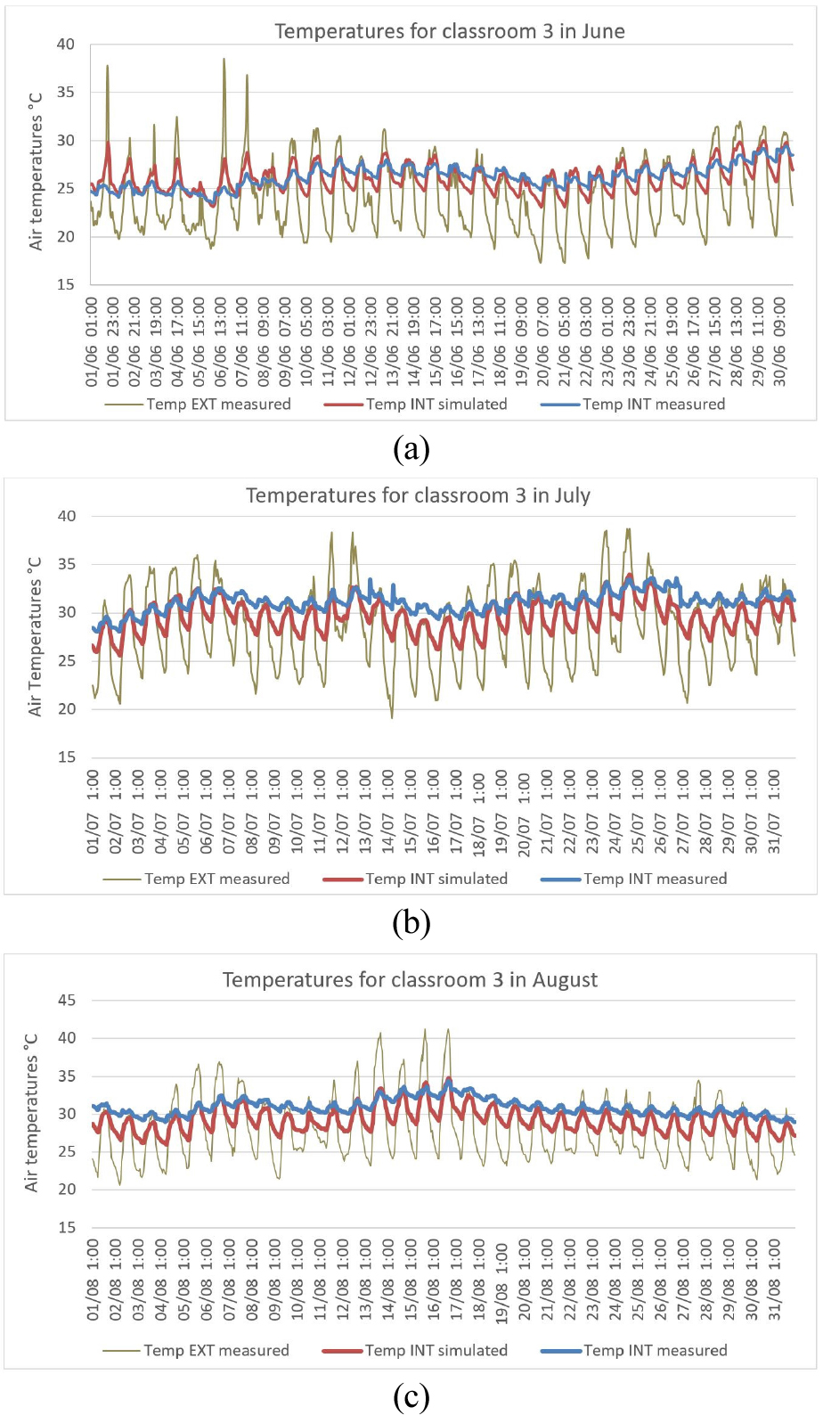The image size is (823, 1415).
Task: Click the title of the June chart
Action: point(449,31)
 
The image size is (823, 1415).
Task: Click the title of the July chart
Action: point(418,495)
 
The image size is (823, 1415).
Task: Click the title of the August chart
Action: point(410,980)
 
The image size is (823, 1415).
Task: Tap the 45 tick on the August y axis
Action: point(67,1001)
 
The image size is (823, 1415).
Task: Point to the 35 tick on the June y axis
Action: point(66,93)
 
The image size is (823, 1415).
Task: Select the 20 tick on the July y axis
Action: point(67,709)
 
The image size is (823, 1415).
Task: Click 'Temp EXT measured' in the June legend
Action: point(218,405)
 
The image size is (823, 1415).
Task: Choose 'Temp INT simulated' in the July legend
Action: point(436,879)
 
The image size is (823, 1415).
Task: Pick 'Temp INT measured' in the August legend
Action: point(655,1351)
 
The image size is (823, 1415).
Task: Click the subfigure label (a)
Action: point(411,448)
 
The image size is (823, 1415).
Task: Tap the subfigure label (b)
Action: point(411,922)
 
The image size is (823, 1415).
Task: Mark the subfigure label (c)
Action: point(411,1395)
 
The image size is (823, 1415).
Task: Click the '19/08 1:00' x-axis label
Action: point(502,1284)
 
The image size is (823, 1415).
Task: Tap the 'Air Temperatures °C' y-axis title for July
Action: point(36,637)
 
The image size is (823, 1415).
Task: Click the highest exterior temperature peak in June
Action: point(224,60)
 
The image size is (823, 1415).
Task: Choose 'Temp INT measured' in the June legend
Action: point(654,405)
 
